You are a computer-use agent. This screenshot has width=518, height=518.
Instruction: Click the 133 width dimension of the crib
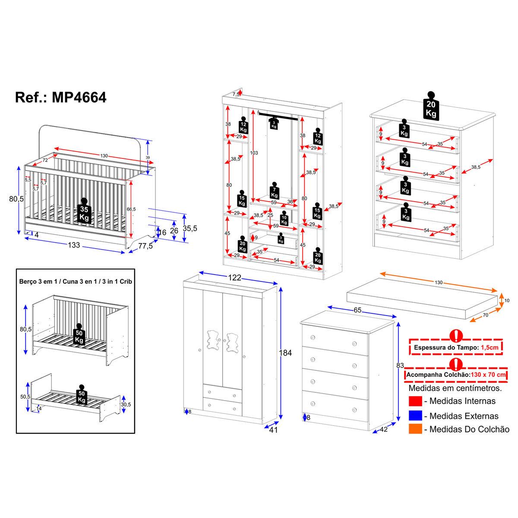(74, 245)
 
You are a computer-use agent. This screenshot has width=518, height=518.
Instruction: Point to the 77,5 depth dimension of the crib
(145, 246)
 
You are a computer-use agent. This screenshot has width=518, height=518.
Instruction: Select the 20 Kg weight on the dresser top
(430, 105)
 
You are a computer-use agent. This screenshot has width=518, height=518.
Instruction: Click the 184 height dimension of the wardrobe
(285, 353)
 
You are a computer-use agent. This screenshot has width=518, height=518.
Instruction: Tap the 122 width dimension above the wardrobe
(234, 278)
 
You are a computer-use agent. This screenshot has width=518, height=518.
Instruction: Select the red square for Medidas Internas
(415, 401)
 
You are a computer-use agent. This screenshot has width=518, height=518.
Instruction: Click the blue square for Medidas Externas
(415, 415)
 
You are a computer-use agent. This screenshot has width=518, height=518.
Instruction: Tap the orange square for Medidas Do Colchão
(415, 429)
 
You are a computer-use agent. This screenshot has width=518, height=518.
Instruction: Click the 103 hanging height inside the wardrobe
(255, 152)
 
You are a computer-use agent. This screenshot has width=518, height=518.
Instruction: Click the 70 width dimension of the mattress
(485, 315)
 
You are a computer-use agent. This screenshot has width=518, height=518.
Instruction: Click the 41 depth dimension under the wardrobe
(272, 430)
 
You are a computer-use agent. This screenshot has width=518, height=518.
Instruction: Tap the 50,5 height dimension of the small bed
(25, 397)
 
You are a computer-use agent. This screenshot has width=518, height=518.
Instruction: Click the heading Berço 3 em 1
(39, 281)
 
